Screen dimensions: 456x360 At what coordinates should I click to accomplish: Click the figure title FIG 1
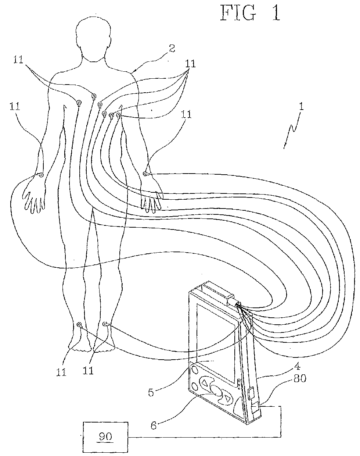coord(250,13)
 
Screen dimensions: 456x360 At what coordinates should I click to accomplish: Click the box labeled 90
coord(105,437)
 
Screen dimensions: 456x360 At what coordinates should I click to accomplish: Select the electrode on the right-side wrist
coord(146,173)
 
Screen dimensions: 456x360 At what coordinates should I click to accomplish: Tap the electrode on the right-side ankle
coord(105,324)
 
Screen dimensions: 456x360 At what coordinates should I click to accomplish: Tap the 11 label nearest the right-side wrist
coord(187,115)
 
